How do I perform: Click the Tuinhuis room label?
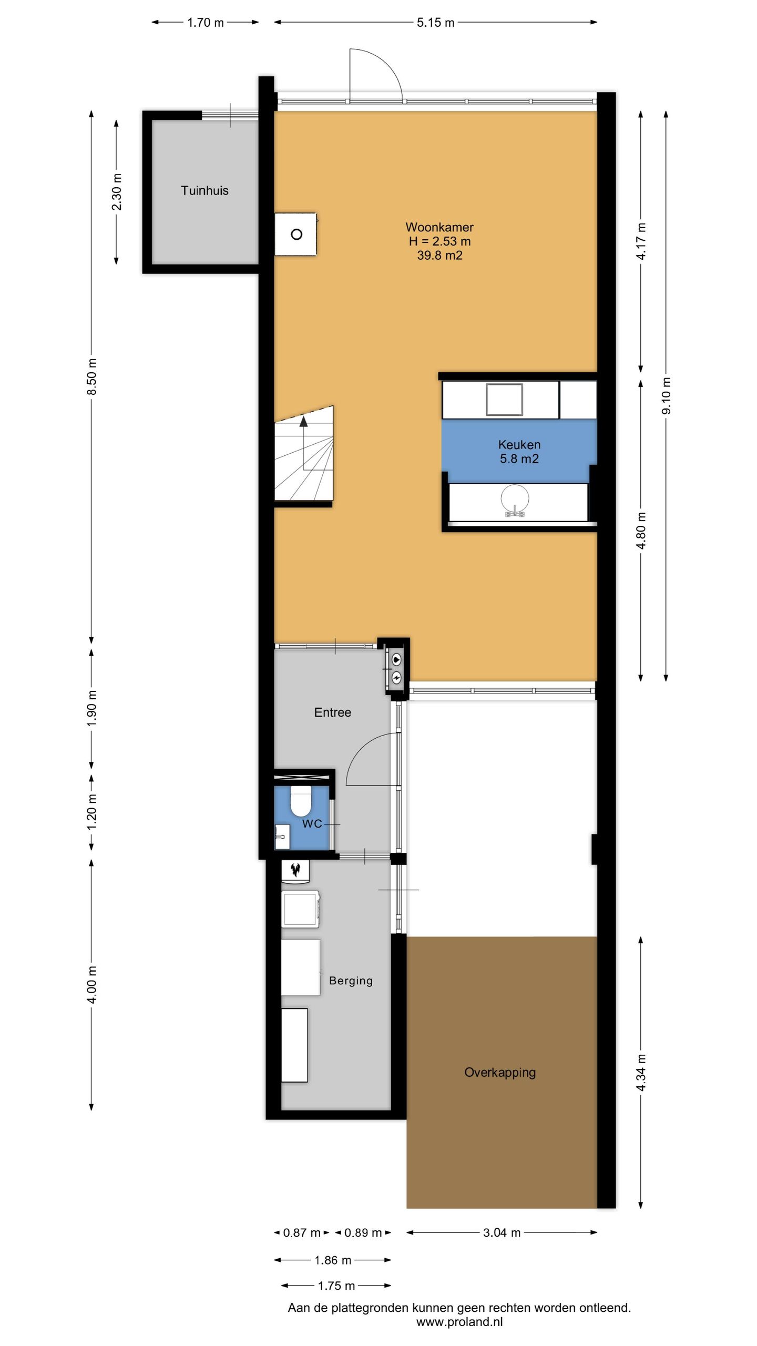tap(204, 191)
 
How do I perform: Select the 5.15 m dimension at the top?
tap(435, 23)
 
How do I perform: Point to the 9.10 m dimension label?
tap(666, 395)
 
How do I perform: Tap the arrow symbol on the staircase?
tap(303, 421)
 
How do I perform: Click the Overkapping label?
tap(499, 1073)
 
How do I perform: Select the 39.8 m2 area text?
tap(439, 256)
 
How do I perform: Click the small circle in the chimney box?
tap(296, 234)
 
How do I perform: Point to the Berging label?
tap(351, 981)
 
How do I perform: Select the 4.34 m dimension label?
tap(641, 1073)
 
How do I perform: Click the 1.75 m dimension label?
tap(336, 1286)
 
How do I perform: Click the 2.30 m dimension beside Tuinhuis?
tap(117, 192)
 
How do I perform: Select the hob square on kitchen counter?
tap(504, 400)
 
